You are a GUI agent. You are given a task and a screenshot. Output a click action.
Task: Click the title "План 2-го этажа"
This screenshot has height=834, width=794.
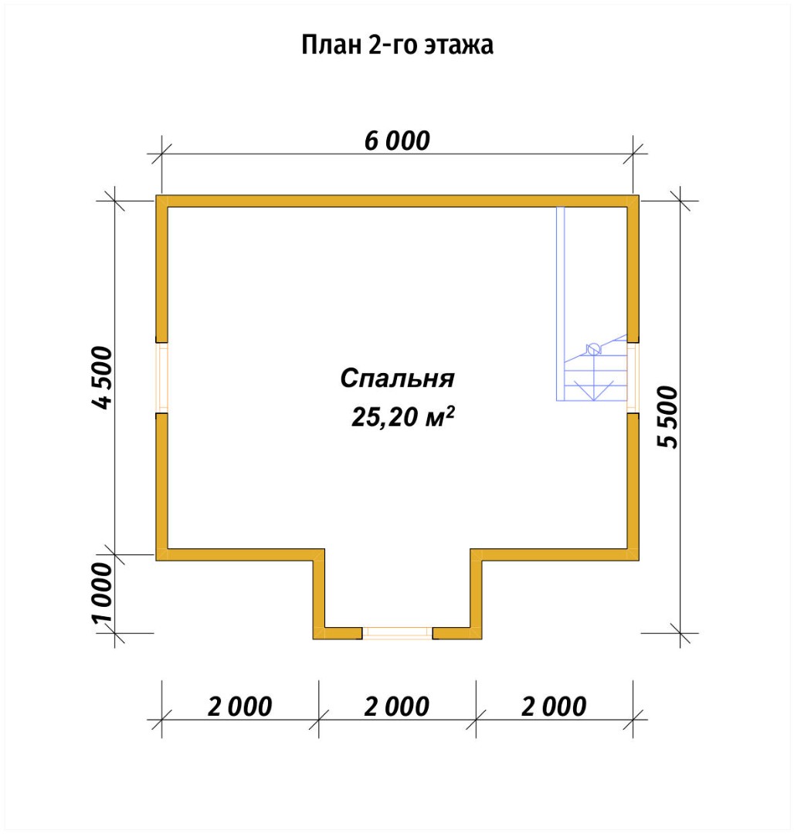point(397,46)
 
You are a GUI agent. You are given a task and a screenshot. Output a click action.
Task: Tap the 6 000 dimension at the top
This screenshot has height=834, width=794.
point(397,141)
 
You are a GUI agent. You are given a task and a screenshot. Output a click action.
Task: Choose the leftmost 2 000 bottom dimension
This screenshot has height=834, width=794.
point(239,706)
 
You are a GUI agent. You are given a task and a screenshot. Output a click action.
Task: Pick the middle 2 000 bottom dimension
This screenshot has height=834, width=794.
point(396,706)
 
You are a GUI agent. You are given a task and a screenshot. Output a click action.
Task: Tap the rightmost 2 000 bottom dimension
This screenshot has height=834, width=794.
point(554,706)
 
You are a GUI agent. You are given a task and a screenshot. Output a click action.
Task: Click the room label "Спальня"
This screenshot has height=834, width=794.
point(396,379)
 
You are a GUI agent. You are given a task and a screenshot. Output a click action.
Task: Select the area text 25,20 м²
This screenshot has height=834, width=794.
point(402,418)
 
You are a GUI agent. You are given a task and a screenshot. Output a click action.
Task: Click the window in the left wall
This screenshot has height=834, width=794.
point(162,377)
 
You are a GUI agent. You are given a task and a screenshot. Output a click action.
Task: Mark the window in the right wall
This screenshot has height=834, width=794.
point(633,377)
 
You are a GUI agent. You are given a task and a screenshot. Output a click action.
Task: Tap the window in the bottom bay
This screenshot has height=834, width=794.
point(397,633)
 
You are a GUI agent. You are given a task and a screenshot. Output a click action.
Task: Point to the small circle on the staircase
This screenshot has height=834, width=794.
point(593,349)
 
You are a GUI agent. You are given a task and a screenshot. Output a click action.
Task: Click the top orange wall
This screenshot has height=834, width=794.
point(397,201)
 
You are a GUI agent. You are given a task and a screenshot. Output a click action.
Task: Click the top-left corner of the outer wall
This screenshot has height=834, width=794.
point(162,202)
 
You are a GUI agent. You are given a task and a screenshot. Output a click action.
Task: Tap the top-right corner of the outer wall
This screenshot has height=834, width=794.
point(633,202)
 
